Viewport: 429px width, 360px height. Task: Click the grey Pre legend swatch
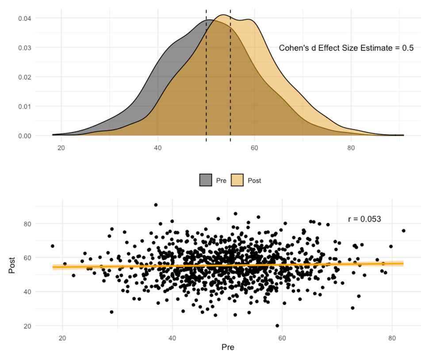(x=206, y=180)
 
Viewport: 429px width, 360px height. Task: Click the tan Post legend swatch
(x=237, y=180)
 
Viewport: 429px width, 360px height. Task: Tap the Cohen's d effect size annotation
(x=346, y=48)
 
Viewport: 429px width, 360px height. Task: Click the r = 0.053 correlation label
(x=364, y=219)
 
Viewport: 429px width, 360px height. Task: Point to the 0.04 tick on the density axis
(x=25, y=18)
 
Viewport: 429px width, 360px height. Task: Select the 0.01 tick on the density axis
(x=25, y=107)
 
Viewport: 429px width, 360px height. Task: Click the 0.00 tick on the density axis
(x=25, y=136)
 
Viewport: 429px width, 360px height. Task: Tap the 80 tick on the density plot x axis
(x=351, y=148)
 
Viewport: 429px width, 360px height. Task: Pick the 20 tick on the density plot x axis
(x=61, y=148)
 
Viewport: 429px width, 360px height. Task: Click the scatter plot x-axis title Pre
(x=228, y=347)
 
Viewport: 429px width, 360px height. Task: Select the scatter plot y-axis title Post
(x=12, y=265)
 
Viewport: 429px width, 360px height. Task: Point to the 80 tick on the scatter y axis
(x=27, y=224)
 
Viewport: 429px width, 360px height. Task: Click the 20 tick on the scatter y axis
(x=27, y=326)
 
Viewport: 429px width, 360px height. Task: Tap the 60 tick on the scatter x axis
(x=282, y=338)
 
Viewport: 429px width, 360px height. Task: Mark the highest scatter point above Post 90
(x=156, y=205)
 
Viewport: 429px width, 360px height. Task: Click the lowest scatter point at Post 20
(x=277, y=326)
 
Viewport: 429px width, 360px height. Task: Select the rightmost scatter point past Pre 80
(x=403, y=231)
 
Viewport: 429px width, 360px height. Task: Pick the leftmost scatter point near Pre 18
(x=53, y=246)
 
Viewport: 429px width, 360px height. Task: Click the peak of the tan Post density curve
(x=223, y=15)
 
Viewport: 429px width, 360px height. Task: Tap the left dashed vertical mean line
(x=206, y=76)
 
